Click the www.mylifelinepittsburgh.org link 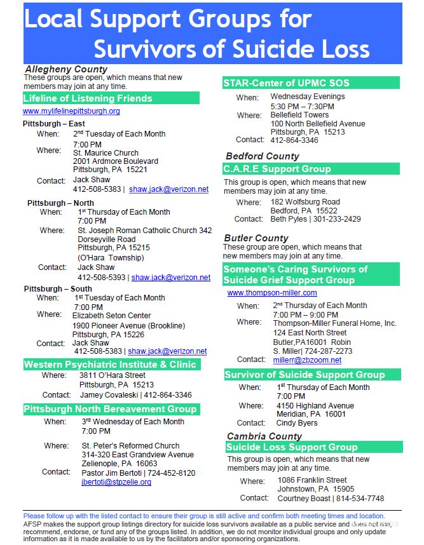tap(71, 111)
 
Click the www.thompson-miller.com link tap(272, 293)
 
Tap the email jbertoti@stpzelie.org tap(116, 482)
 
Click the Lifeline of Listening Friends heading tap(88, 98)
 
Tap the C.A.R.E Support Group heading tap(277, 169)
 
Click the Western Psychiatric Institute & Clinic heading tap(110, 365)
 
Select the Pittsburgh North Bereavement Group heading tap(110, 409)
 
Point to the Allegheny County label tap(66, 69)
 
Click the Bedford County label tap(262, 156)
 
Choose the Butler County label tap(256, 238)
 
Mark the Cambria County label tap(264, 436)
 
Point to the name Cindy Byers tap(297, 423)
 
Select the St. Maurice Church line tap(106, 153)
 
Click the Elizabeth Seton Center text tap(111, 316)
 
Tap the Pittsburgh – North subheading tap(60, 203)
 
